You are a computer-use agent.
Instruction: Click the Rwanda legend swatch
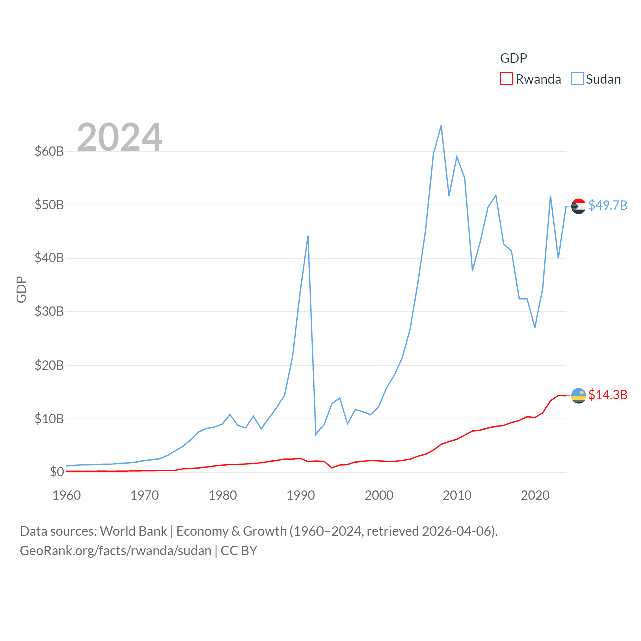pyautogui.click(x=506, y=79)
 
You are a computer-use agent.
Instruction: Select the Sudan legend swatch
pyautogui.click(x=577, y=79)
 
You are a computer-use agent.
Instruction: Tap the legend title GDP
pyautogui.click(x=513, y=58)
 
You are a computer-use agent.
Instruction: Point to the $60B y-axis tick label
pyautogui.click(x=49, y=151)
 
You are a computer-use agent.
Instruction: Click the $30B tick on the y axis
pyautogui.click(x=49, y=311)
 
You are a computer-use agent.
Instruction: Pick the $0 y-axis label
pyautogui.click(x=57, y=472)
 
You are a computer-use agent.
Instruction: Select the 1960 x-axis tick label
pyautogui.click(x=67, y=495)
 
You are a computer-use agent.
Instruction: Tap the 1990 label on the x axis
pyautogui.click(x=301, y=495)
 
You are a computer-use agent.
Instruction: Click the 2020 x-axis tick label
pyautogui.click(x=535, y=495)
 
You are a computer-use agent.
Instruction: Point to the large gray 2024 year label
pyautogui.click(x=120, y=137)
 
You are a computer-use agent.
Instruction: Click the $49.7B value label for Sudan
pyautogui.click(x=608, y=205)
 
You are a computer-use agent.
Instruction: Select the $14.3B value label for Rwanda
pyautogui.click(x=608, y=395)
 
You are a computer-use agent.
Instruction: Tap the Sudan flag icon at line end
pyautogui.click(x=579, y=206)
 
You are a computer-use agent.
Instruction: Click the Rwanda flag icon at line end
pyautogui.click(x=579, y=396)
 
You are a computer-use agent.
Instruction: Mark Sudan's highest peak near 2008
pyautogui.click(x=441, y=126)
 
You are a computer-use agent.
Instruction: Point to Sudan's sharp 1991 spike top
pyautogui.click(x=308, y=236)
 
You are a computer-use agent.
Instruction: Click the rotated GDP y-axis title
pyautogui.click(x=21, y=289)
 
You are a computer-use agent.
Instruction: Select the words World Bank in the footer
pyautogui.click(x=133, y=531)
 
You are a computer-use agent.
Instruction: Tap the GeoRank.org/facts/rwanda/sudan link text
pyautogui.click(x=116, y=551)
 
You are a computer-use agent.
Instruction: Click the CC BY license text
pyautogui.click(x=239, y=551)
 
